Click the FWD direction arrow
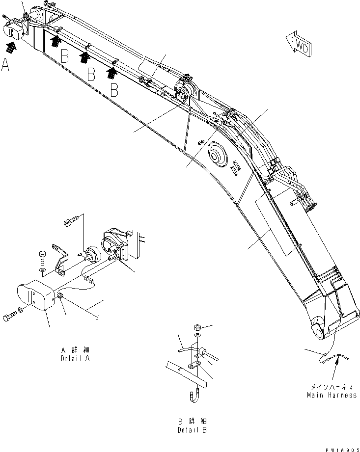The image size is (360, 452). pyautogui.click(x=298, y=45)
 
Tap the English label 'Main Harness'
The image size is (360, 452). pyautogui.click(x=332, y=395)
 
